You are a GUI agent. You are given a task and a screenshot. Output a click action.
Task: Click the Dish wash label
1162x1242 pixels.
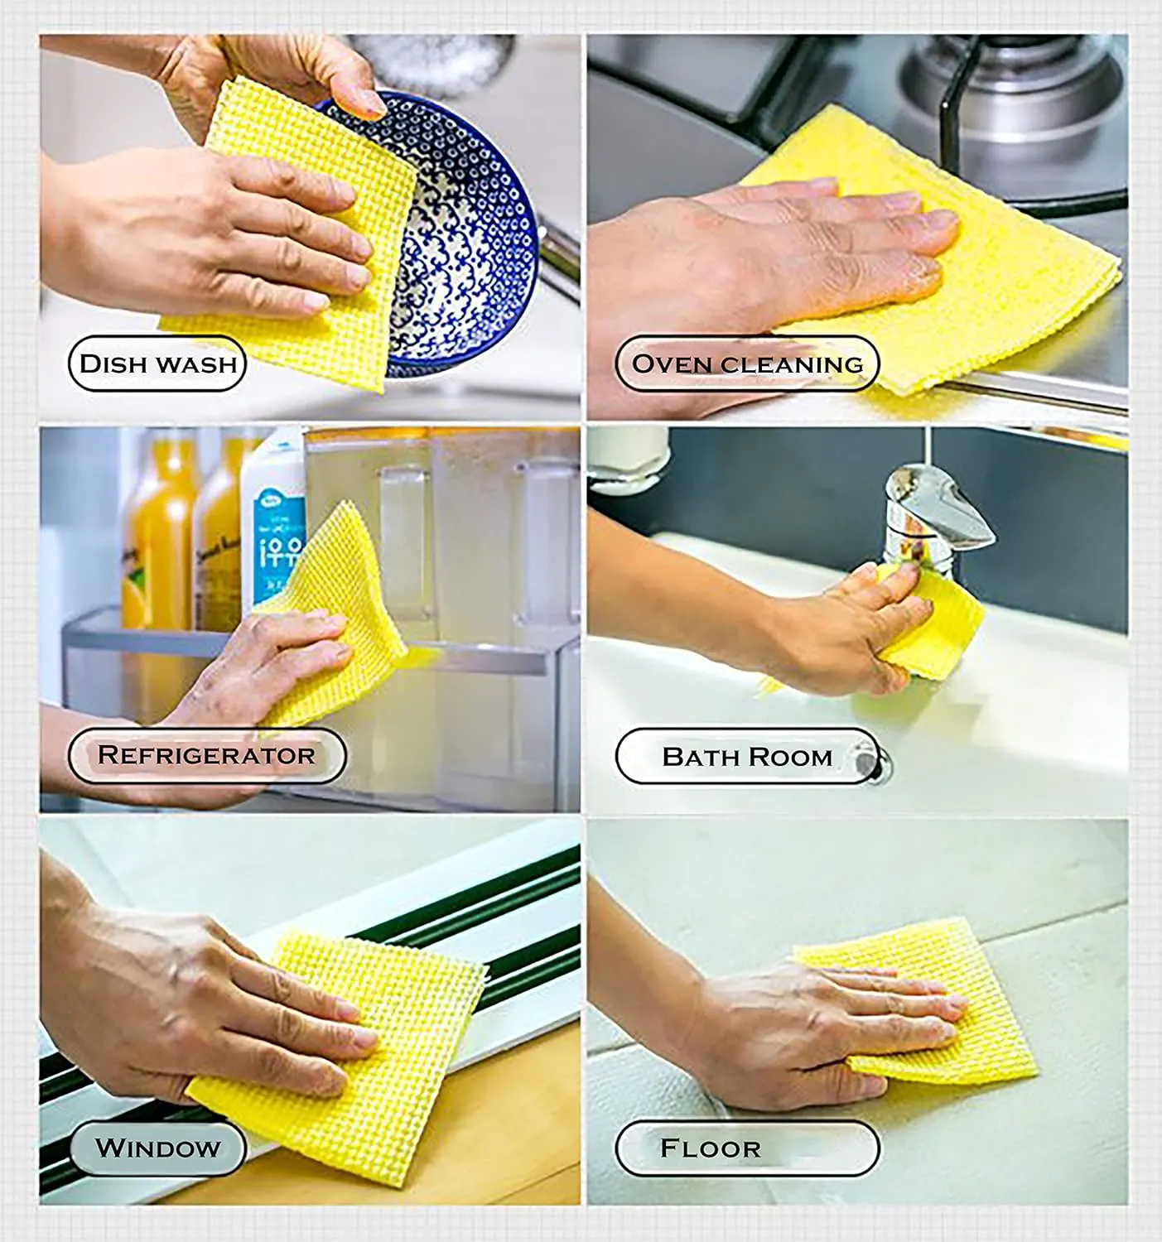click(x=157, y=363)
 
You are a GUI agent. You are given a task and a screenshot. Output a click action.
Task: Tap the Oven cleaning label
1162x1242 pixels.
click(x=746, y=363)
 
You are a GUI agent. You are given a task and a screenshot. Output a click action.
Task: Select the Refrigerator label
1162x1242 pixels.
click(x=206, y=755)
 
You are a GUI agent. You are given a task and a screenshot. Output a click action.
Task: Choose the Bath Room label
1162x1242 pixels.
click(x=746, y=756)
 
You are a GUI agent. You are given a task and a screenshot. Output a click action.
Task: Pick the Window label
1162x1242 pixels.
click(x=157, y=1148)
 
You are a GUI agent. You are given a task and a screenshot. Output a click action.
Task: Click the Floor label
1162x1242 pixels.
click(x=746, y=1148)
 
